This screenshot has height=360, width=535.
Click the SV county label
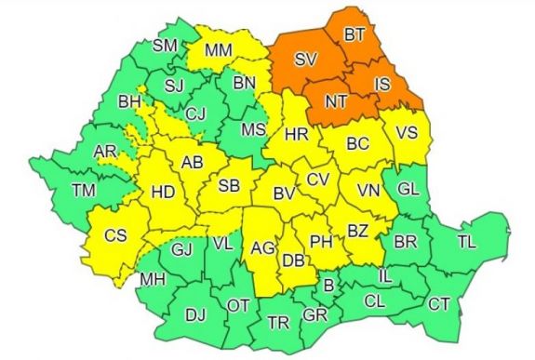coord(305,60)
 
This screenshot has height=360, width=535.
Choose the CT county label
coord(438,303)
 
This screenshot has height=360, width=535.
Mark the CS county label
coord(114,236)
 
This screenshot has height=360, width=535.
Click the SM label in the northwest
coord(164,46)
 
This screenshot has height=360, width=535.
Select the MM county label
coord(218,48)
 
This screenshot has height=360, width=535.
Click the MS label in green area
coord(253,129)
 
